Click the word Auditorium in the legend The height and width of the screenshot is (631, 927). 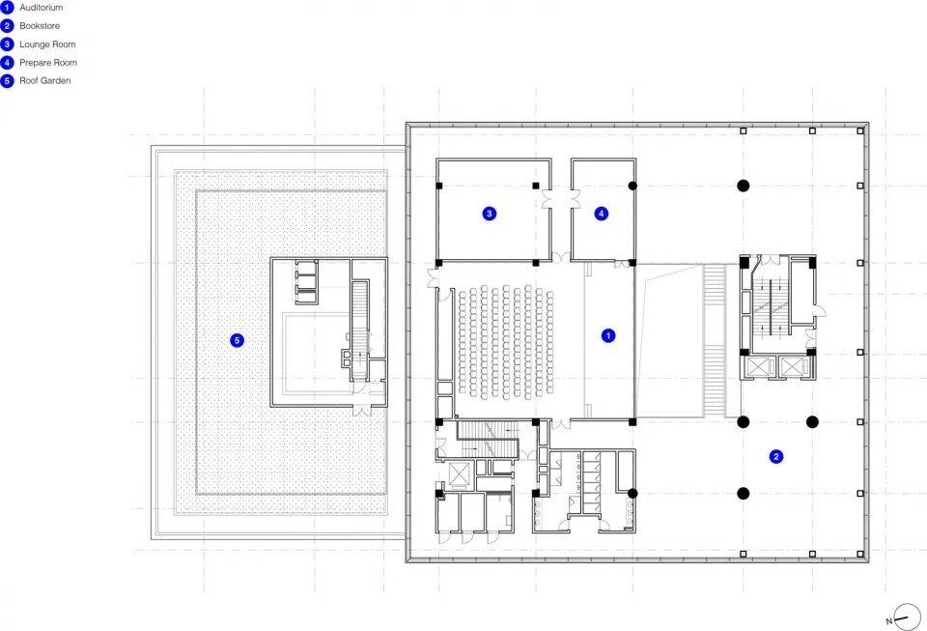(x=41, y=8)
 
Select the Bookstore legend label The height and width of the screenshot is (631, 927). (x=40, y=26)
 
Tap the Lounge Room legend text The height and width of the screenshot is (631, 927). (x=47, y=44)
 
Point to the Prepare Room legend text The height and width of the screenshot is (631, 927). (x=48, y=63)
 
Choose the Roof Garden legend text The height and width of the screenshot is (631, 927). (x=45, y=81)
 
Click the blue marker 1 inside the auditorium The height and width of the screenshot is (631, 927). (x=607, y=336)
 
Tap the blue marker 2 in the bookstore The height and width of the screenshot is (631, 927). (x=775, y=456)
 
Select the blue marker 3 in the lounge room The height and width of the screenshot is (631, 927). (x=489, y=214)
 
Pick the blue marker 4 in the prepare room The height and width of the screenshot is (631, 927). (x=602, y=214)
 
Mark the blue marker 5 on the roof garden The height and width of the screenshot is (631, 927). (x=238, y=340)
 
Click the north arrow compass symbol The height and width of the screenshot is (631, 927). (x=907, y=617)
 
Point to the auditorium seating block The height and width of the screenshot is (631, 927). (x=506, y=341)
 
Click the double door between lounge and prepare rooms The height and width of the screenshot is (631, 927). (x=561, y=199)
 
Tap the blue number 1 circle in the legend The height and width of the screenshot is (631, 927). (x=7, y=8)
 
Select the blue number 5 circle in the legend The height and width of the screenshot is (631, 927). (x=7, y=81)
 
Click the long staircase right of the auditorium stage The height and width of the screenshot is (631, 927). (x=715, y=341)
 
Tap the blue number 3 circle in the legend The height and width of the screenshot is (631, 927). (x=7, y=44)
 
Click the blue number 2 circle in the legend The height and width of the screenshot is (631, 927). (x=7, y=26)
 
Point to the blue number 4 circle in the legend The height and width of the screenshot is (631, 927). (x=7, y=63)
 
